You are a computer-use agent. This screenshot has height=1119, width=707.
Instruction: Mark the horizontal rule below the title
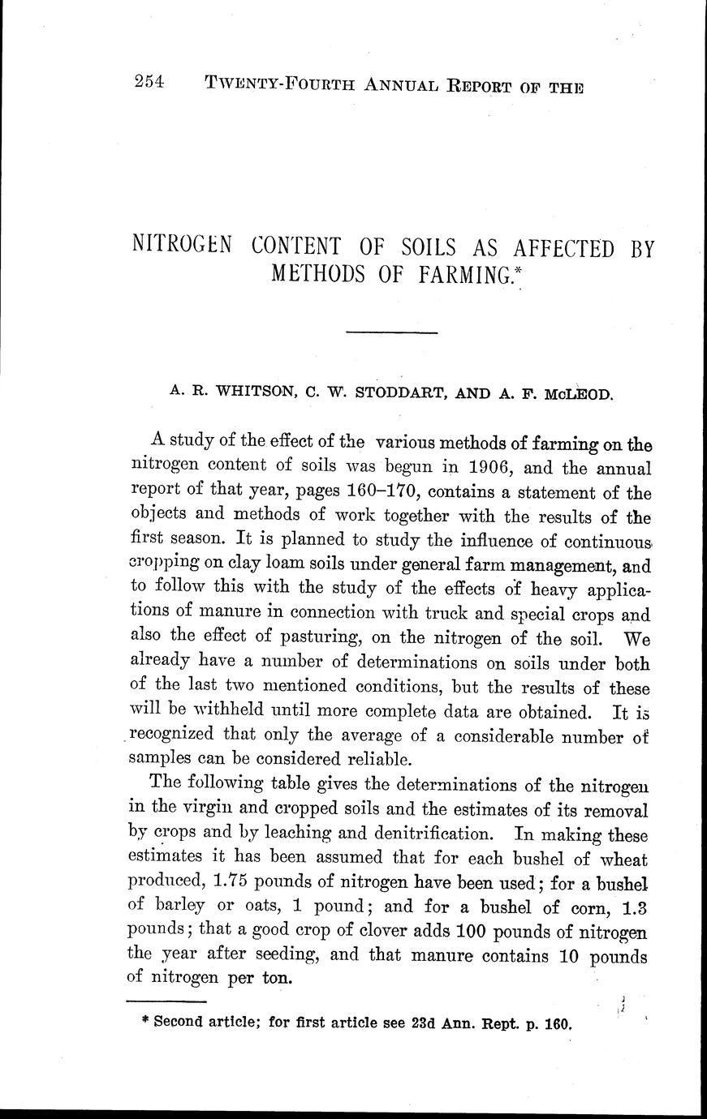[x=391, y=332]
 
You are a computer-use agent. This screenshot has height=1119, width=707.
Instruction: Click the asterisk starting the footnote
[x=144, y=1021]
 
